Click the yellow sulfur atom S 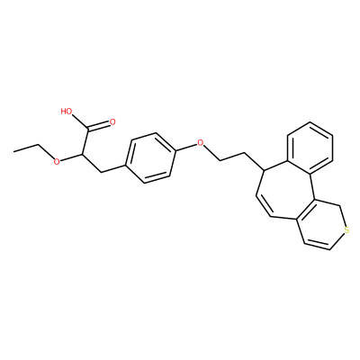coord(346,230)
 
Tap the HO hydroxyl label coord(67,112)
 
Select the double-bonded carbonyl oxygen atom coord(112,121)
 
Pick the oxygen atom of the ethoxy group coord(56,162)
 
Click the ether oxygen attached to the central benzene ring coord(200,142)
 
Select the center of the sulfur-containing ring coord(322,225)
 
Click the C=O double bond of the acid coord(99,126)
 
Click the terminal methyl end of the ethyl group coord(14,151)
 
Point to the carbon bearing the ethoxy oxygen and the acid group coord(82,154)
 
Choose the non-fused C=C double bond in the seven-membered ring coord(264,206)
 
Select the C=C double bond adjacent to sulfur coord(317,246)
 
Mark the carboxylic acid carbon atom coord(88,130)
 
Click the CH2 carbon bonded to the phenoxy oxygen coord(220,160)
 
